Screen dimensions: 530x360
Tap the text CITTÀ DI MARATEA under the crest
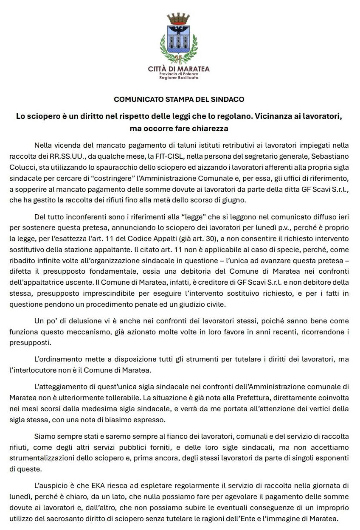179,69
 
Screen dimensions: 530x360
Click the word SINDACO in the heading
229,100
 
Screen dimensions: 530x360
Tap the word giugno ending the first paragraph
243,200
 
